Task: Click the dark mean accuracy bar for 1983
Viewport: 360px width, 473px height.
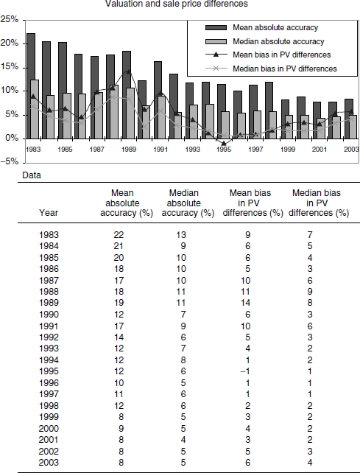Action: (x=31, y=86)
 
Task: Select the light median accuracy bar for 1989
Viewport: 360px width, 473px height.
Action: (x=130, y=113)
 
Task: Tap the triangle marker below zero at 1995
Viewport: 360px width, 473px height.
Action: (x=224, y=143)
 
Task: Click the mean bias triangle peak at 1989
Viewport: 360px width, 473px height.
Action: (x=129, y=71)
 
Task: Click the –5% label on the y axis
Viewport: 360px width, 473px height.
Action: (x=10, y=161)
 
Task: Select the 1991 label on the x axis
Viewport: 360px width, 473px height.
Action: (x=160, y=150)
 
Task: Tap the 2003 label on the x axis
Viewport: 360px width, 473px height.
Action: (x=352, y=150)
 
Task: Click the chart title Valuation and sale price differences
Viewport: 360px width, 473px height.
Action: (x=177, y=4)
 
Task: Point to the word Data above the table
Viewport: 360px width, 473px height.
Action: (x=32, y=175)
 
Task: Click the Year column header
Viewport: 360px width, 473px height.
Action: (x=49, y=213)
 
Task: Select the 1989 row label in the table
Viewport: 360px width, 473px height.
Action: (x=49, y=303)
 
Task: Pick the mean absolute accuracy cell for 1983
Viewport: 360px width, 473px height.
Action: (x=119, y=235)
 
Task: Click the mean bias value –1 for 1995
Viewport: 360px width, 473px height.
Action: (x=245, y=371)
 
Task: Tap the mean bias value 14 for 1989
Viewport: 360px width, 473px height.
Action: (x=245, y=303)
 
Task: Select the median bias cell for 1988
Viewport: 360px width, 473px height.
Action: (x=310, y=292)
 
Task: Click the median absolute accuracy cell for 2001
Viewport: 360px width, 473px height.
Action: (x=183, y=440)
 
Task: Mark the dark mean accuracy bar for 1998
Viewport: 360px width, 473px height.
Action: (x=269, y=111)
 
